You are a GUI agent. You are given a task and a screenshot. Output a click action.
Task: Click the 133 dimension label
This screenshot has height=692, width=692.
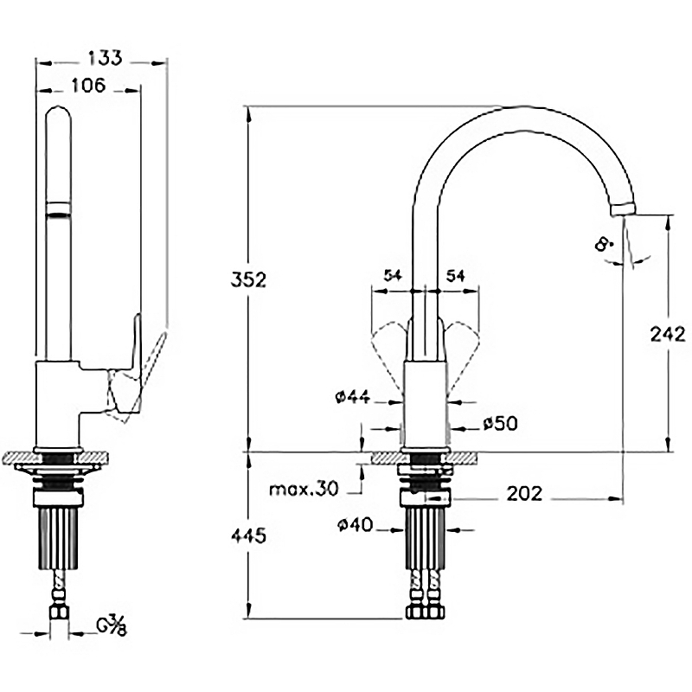[104, 58]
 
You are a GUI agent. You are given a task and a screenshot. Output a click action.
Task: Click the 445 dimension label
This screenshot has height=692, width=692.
[248, 535]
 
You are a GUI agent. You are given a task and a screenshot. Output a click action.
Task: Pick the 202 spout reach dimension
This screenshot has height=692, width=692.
[523, 493]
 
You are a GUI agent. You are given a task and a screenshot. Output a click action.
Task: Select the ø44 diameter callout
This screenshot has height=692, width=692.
[353, 397]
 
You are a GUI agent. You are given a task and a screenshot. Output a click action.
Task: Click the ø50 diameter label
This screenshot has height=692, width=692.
[500, 423]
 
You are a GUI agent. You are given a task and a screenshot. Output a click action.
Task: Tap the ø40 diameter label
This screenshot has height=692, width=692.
[356, 524]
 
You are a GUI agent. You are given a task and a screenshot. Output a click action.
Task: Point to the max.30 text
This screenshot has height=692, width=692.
[303, 490]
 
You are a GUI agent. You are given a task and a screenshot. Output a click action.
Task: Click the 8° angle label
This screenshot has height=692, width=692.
[604, 245]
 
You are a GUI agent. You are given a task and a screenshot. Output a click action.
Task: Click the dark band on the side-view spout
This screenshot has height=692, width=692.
[58, 208]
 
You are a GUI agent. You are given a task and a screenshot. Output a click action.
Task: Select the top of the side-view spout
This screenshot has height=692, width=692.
[58, 112]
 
